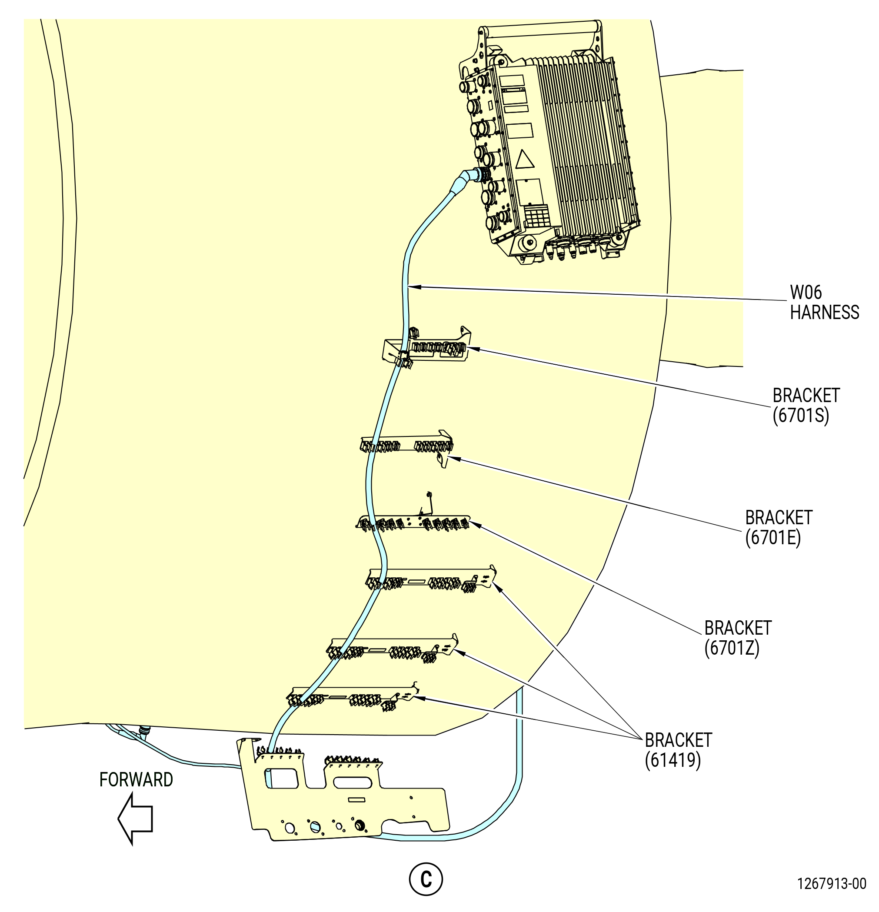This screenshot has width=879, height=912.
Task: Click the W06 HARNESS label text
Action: (824, 303)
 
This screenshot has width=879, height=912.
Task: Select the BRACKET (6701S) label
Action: (806, 405)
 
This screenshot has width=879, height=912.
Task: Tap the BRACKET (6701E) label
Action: (779, 528)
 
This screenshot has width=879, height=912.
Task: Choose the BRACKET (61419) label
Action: (678, 750)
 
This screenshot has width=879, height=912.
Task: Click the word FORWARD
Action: (136, 779)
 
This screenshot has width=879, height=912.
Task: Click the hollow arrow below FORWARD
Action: (135, 819)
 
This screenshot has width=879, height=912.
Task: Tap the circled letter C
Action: (426, 879)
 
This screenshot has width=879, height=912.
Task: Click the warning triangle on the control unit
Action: (525, 160)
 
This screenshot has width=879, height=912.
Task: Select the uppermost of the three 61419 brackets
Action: (431, 579)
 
